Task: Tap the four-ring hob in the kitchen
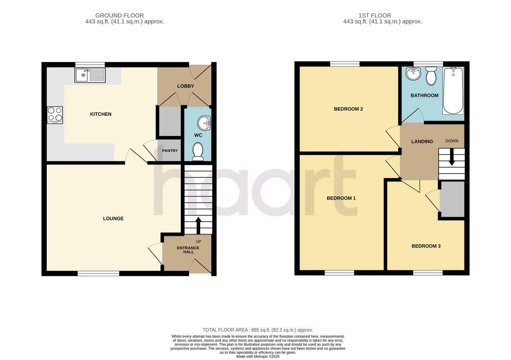click(55, 115)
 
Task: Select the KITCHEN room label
click(101, 114)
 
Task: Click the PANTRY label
click(170, 151)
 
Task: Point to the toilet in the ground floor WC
click(198, 152)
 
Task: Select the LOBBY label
click(185, 86)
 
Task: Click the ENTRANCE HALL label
click(188, 250)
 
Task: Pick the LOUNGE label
click(113, 218)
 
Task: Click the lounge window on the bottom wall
click(98, 273)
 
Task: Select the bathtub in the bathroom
click(453, 90)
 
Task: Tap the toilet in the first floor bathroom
click(431, 76)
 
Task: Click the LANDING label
click(422, 141)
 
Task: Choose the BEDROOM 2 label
click(348, 109)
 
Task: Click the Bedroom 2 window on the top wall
click(344, 64)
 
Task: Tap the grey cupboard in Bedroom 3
click(452, 199)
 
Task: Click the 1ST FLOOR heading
click(382, 15)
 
